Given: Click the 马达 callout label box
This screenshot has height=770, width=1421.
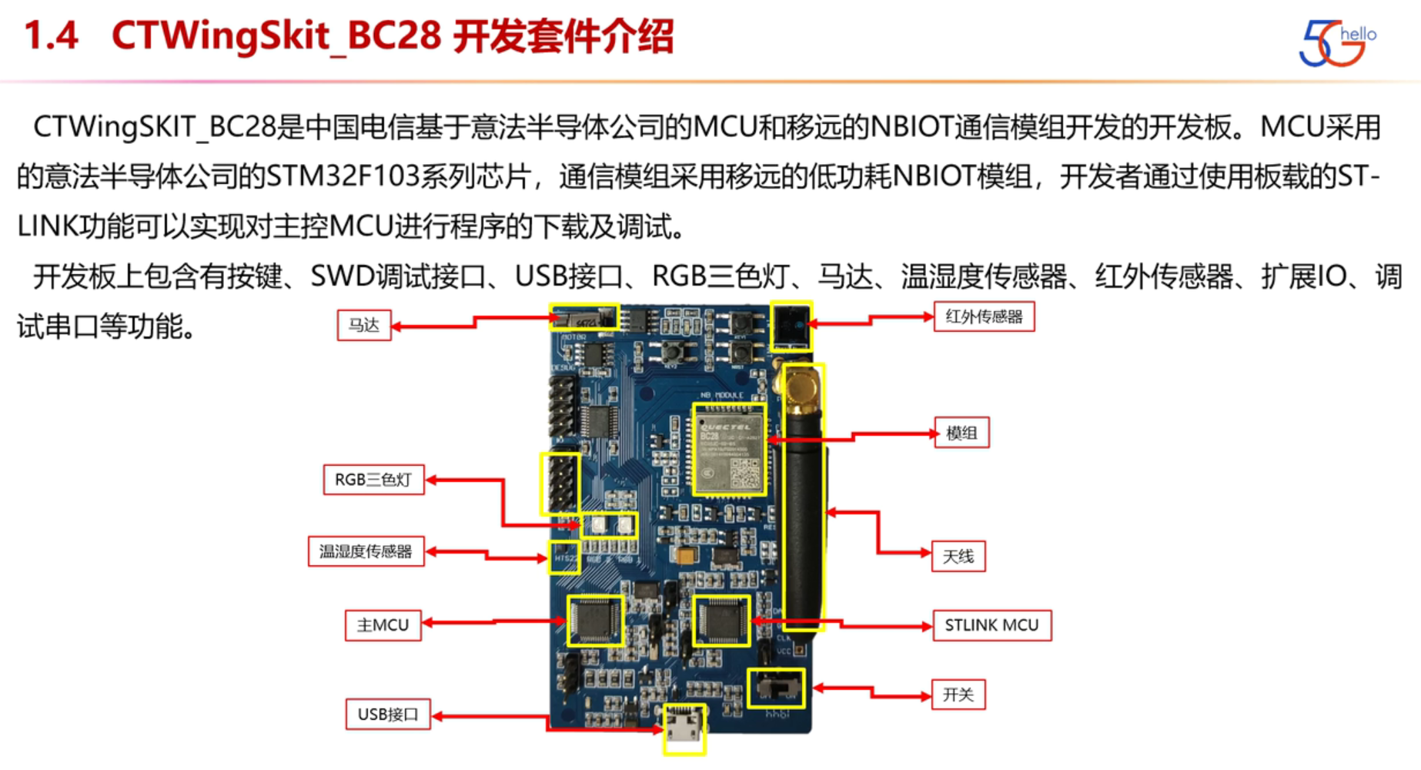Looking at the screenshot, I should pyautogui.click(x=364, y=325).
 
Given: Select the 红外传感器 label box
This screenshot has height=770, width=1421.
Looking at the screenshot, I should pyautogui.click(x=984, y=316).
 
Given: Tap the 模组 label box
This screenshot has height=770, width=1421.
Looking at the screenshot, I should pyautogui.click(x=961, y=433).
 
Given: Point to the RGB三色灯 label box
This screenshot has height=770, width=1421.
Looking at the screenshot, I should pyautogui.click(x=373, y=480).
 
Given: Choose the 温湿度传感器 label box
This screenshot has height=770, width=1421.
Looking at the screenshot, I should pyautogui.click(x=366, y=551).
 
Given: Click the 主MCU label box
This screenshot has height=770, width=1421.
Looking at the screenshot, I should pyautogui.click(x=383, y=625).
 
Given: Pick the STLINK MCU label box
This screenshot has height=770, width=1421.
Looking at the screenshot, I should pyautogui.click(x=991, y=625).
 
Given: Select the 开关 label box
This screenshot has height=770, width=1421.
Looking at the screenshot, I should pyautogui.click(x=958, y=695).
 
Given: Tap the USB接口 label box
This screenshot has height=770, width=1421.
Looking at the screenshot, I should pyautogui.click(x=388, y=715).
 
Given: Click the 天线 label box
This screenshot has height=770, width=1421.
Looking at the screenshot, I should pyautogui.click(x=958, y=556).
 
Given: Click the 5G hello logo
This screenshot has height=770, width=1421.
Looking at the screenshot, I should pyautogui.click(x=1336, y=42).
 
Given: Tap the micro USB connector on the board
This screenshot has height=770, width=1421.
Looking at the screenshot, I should pyautogui.click(x=684, y=727).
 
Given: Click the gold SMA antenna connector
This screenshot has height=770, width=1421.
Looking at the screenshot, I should pyautogui.click(x=801, y=385).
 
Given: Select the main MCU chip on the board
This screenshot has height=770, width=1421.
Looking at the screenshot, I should pyautogui.click(x=594, y=620).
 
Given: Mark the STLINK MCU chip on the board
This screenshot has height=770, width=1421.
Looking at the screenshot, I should pyautogui.click(x=721, y=620).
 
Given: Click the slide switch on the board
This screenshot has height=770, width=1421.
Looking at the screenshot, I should pyautogui.click(x=776, y=687).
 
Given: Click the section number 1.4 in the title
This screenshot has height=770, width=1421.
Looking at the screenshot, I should pyautogui.click(x=52, y=36).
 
